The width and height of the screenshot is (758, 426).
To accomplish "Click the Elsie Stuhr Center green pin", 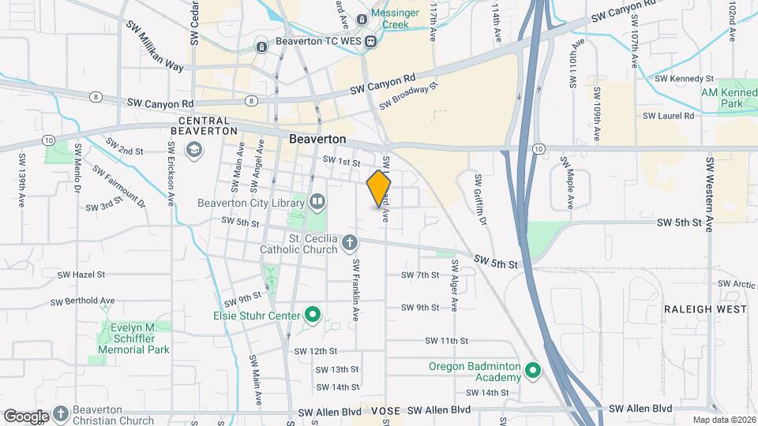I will click(x=313, y=316).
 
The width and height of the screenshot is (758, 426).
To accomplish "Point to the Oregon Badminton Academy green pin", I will click(x=533, y=370).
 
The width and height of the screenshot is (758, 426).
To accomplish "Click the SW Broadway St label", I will click(x=407, y=97).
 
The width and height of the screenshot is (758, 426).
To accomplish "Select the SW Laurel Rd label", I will click(x=668, y=115).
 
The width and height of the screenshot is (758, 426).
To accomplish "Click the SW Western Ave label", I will click(x=710, y=194).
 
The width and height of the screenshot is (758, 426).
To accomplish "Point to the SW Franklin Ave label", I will click(x=355, y=290).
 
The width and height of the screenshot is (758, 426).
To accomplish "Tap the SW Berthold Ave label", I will click(x=82, y=301).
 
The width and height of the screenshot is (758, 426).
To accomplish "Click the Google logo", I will click(x=26, y=416).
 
